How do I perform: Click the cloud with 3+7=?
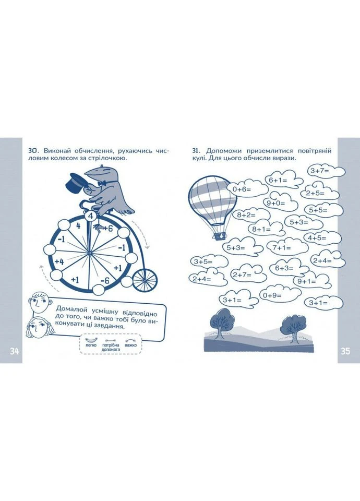click(326, 171)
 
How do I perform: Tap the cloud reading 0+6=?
click(246, 189)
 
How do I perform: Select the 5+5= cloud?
click(324, 210)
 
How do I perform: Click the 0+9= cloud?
click(280, 295)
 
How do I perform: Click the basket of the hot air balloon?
click(220, 236)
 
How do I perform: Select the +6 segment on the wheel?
click(108, 229)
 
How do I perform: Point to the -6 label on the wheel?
click(104, 281)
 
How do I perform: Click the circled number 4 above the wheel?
click(90, 216)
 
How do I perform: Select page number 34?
click(15, 351)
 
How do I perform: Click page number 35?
click(345, 351)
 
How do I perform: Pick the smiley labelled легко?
click(91, 341)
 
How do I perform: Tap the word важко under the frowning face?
click(131, 345)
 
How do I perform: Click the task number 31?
click(196, 151)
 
